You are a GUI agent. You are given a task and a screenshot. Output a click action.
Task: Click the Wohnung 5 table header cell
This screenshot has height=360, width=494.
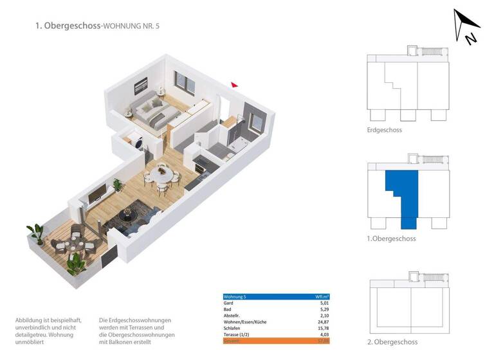(235, 297)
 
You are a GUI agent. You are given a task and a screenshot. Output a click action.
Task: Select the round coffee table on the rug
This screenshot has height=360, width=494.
(129, 215)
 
